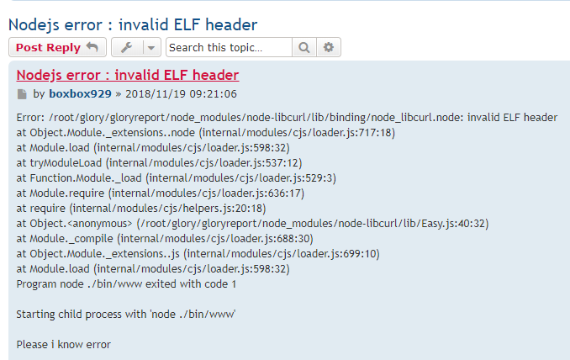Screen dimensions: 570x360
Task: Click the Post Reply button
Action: tap(57, 48)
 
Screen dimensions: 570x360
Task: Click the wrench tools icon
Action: tap(125, 48)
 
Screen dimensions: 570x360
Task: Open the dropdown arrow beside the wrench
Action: tap(151, 48)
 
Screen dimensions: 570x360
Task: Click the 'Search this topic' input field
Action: tap(229, 48)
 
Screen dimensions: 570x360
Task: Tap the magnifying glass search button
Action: tap(304, 48)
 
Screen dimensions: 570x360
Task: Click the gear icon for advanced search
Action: tap(329, 48)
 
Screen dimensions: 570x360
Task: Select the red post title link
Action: tap(127, 75)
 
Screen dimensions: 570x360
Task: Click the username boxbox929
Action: tap(80, 94)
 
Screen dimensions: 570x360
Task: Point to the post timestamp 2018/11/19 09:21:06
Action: tap(181, 94)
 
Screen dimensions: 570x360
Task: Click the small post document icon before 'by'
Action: tap(22, 94)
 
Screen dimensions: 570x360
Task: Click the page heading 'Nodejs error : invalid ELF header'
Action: tap(132, 24)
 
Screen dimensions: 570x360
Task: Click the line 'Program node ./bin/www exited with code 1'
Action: tap(126, 284)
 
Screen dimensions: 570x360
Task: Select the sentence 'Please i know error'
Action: tap(64, 344)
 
